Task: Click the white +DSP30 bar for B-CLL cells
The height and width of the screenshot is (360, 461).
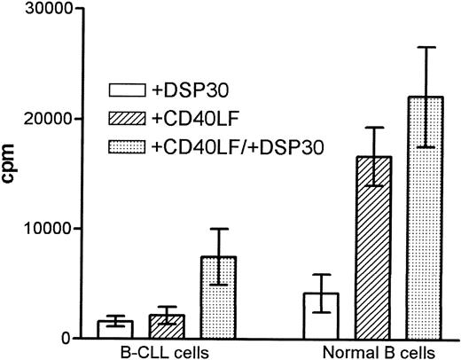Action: (x=115, y=330)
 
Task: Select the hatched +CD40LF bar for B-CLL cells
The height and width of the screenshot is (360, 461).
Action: (x=167, y=327)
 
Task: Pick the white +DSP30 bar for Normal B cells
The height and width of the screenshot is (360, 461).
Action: (x=321, y=316)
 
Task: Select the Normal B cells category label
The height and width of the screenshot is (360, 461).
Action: (x=373, y=351)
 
